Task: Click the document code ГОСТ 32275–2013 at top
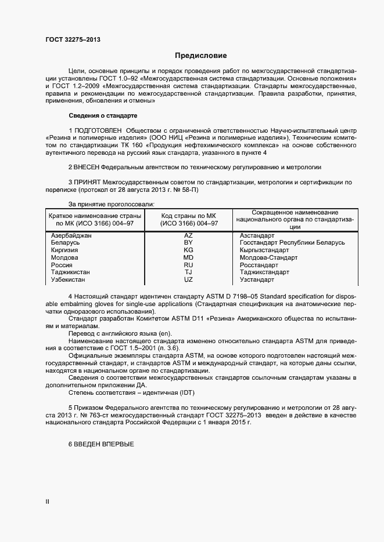[x=72, y=39]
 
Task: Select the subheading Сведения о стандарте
[x=102, y=116]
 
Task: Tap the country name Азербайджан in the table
[x=71, y=236]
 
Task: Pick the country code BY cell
[x=188, y=243]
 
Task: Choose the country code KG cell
[x=188, y=250]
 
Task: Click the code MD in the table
[x=188, y=257]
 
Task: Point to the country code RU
[x=188, y=265]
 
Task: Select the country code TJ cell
[x=188, y=272]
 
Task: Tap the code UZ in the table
[x=188, y=279]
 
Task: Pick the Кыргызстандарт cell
[x=264, y=250]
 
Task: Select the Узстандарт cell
[x=257, y=279]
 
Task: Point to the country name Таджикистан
[x=72, y=272]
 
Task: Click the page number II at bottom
[x=47, y=501]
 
